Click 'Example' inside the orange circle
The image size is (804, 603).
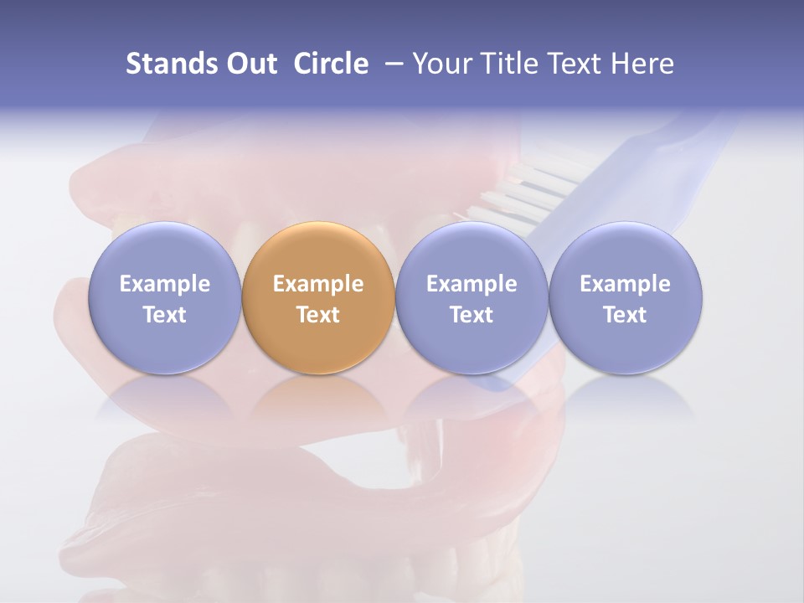click(x=318, y=284)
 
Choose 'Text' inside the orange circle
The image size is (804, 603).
click(x=318, y=315)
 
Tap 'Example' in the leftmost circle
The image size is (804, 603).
click(x=164, y=284)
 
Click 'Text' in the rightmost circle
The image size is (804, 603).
click(x=626, y=315)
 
